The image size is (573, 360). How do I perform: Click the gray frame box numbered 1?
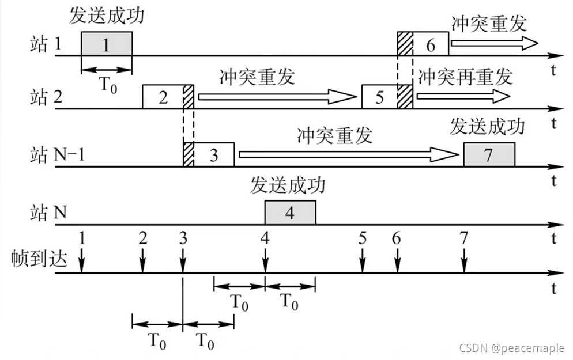(x=106, y=44)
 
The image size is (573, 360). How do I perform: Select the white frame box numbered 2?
(x=163, y=96)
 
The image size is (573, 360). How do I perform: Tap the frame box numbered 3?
(x=214, y=154)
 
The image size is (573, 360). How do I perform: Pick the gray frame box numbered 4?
(x=290, y=213)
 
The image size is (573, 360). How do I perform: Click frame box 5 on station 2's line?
(x=379, y=96)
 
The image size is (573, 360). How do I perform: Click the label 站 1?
(x=46, y=45)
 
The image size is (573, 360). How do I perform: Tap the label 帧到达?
(x=40, y=259)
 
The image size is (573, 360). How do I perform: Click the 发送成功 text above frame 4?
(x=288, y=185)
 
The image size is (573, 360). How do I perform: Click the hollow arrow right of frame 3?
(x=346, y=154)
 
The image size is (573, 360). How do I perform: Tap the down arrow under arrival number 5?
(x=362, y=263)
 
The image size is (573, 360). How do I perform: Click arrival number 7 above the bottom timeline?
(x=463, y=237)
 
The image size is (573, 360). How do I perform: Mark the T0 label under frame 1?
(x=107, y=84)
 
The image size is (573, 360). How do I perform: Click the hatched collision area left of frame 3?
(x=188, y=154)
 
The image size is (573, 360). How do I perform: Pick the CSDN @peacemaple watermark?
(x=512, y=347)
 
